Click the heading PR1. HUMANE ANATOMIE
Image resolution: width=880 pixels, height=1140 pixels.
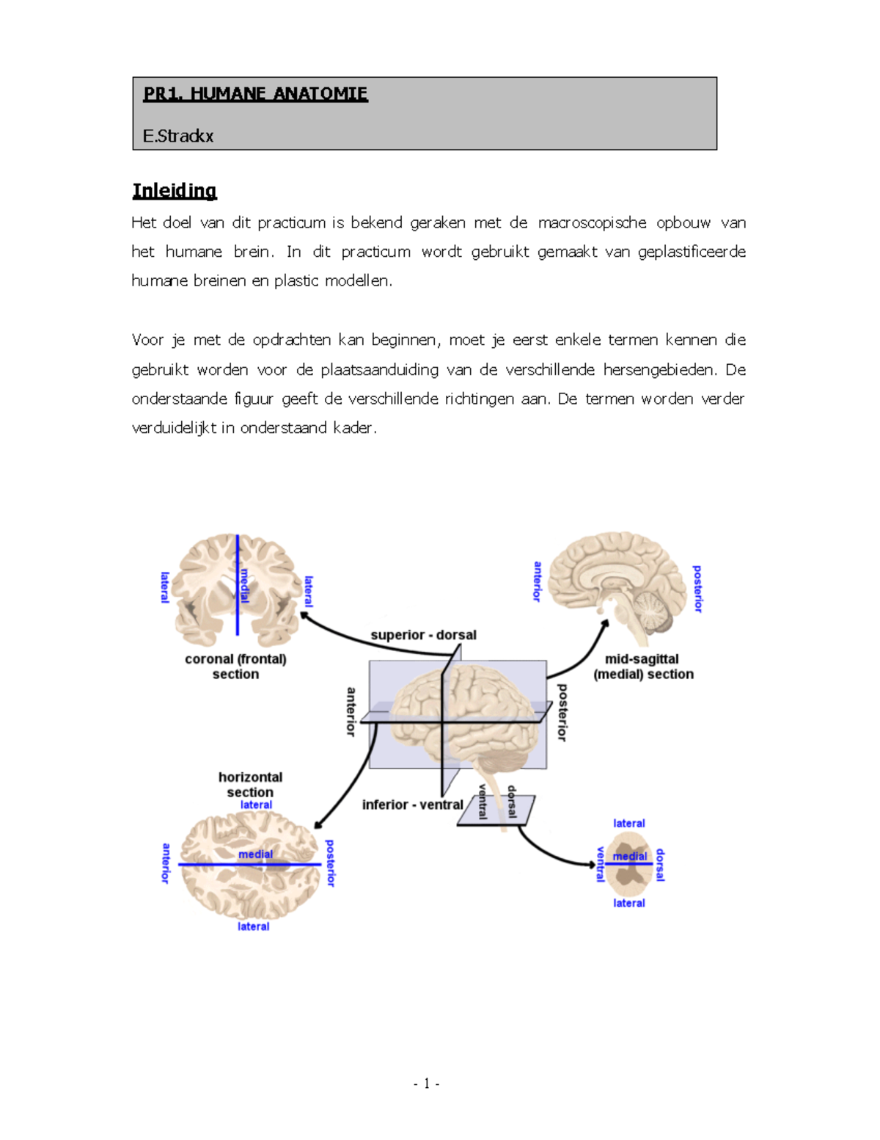[x=255, y=94]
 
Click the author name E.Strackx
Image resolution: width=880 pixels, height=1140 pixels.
[x=178, y=136]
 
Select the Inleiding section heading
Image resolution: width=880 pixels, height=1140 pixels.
[x=175, y=191]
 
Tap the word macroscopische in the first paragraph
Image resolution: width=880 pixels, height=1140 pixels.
[x=592, y=222]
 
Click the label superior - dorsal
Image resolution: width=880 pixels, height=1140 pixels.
[x=423, y=635]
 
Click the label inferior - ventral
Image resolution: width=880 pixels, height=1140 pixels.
[x=412, y=805]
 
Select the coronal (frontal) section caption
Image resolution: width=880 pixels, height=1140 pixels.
[x=235, y=667]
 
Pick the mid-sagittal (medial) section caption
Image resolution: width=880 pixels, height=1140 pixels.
[x=643, y=667]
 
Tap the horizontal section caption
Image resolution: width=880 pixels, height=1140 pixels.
[x=250, y=785]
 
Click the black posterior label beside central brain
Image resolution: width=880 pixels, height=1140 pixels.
[x=562, y=712]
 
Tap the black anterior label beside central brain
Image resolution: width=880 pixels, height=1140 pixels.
[x=351, y=711]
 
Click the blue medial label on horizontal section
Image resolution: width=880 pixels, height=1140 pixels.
[x=255, y=854]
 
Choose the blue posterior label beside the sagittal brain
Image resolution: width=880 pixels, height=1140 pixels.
[x=697, y=589]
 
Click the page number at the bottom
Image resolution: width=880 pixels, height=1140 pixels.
[x=426, y=1083]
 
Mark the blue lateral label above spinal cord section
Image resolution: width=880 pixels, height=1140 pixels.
[x=629, y=824]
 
